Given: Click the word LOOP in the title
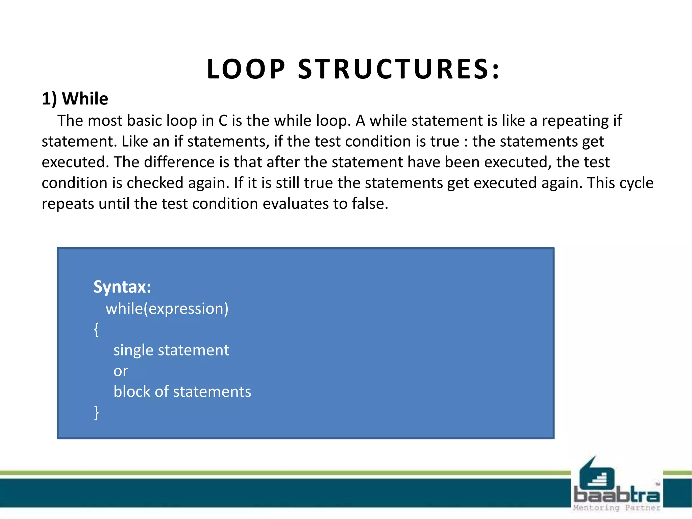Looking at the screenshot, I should (246, 69).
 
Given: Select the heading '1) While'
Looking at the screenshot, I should (75, 99).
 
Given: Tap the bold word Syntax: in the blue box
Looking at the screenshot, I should (122, 287).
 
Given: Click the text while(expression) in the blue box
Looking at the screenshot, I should (167, 308).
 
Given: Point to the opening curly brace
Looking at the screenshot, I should (96, 329).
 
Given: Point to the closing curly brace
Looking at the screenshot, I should (96, 413).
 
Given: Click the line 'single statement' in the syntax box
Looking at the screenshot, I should (171, 350).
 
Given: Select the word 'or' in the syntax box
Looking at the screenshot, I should (121, 371).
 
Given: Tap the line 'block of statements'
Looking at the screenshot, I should (182, 392).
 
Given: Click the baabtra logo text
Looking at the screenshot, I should (616, 495).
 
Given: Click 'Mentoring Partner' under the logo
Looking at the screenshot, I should (616, 508).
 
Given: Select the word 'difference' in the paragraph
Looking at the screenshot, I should (179, 162).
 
